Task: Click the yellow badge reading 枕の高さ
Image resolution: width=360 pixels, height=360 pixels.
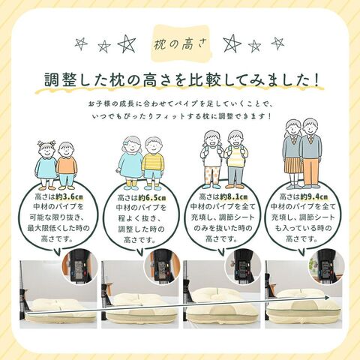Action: click(181, 43)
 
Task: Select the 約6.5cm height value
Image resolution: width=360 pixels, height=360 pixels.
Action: click(152, 198)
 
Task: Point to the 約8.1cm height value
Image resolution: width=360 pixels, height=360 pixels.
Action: click(234, 197)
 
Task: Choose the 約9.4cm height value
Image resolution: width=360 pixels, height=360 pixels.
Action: click(314, 196)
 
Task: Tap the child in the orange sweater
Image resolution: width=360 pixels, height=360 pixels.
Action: click(67, 166)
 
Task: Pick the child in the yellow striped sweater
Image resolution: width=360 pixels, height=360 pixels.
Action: click(154, 163)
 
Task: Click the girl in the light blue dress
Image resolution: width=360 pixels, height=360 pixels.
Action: click(130, 163)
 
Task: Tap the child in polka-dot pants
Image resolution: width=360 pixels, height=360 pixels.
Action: click(212, 160)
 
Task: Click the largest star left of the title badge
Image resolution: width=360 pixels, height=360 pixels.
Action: click(127, 43)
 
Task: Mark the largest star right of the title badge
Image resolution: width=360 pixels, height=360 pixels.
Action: click(232, 43)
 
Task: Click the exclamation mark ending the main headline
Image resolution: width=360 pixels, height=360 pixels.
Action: click(317, 79)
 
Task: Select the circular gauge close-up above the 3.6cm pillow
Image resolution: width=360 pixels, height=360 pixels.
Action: click(79, 267)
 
